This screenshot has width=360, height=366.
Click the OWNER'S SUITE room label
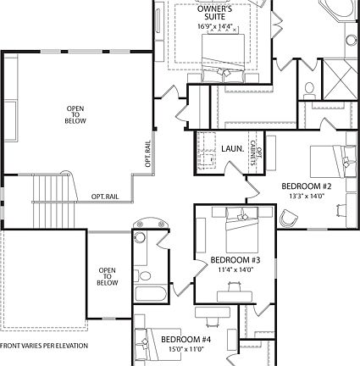tap(215, 12)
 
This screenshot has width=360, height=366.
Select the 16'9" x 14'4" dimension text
tap(215, 26)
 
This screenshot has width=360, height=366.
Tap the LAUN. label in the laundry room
tap(233, 148)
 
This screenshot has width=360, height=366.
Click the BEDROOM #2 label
tap(306, 186)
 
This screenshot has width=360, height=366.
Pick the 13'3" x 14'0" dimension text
tap(306, 196)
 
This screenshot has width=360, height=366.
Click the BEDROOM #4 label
tap(186, 340)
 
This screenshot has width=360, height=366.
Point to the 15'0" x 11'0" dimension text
tap(186, 349)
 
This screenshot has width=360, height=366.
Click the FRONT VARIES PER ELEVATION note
tap(43, 346)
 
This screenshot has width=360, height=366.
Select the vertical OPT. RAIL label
tap(147, 152)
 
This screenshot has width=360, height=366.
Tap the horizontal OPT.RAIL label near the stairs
tap(105, 197)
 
